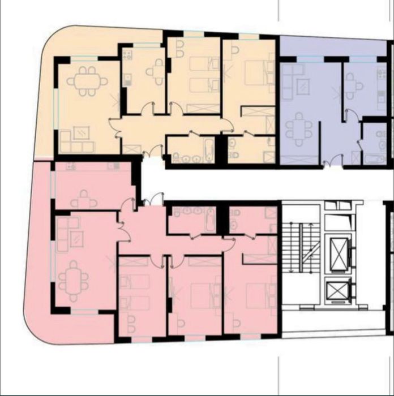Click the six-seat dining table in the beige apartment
(x=87, y=81)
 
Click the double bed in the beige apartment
(x=252, y=72)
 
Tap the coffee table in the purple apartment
(x=303, y=87)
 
